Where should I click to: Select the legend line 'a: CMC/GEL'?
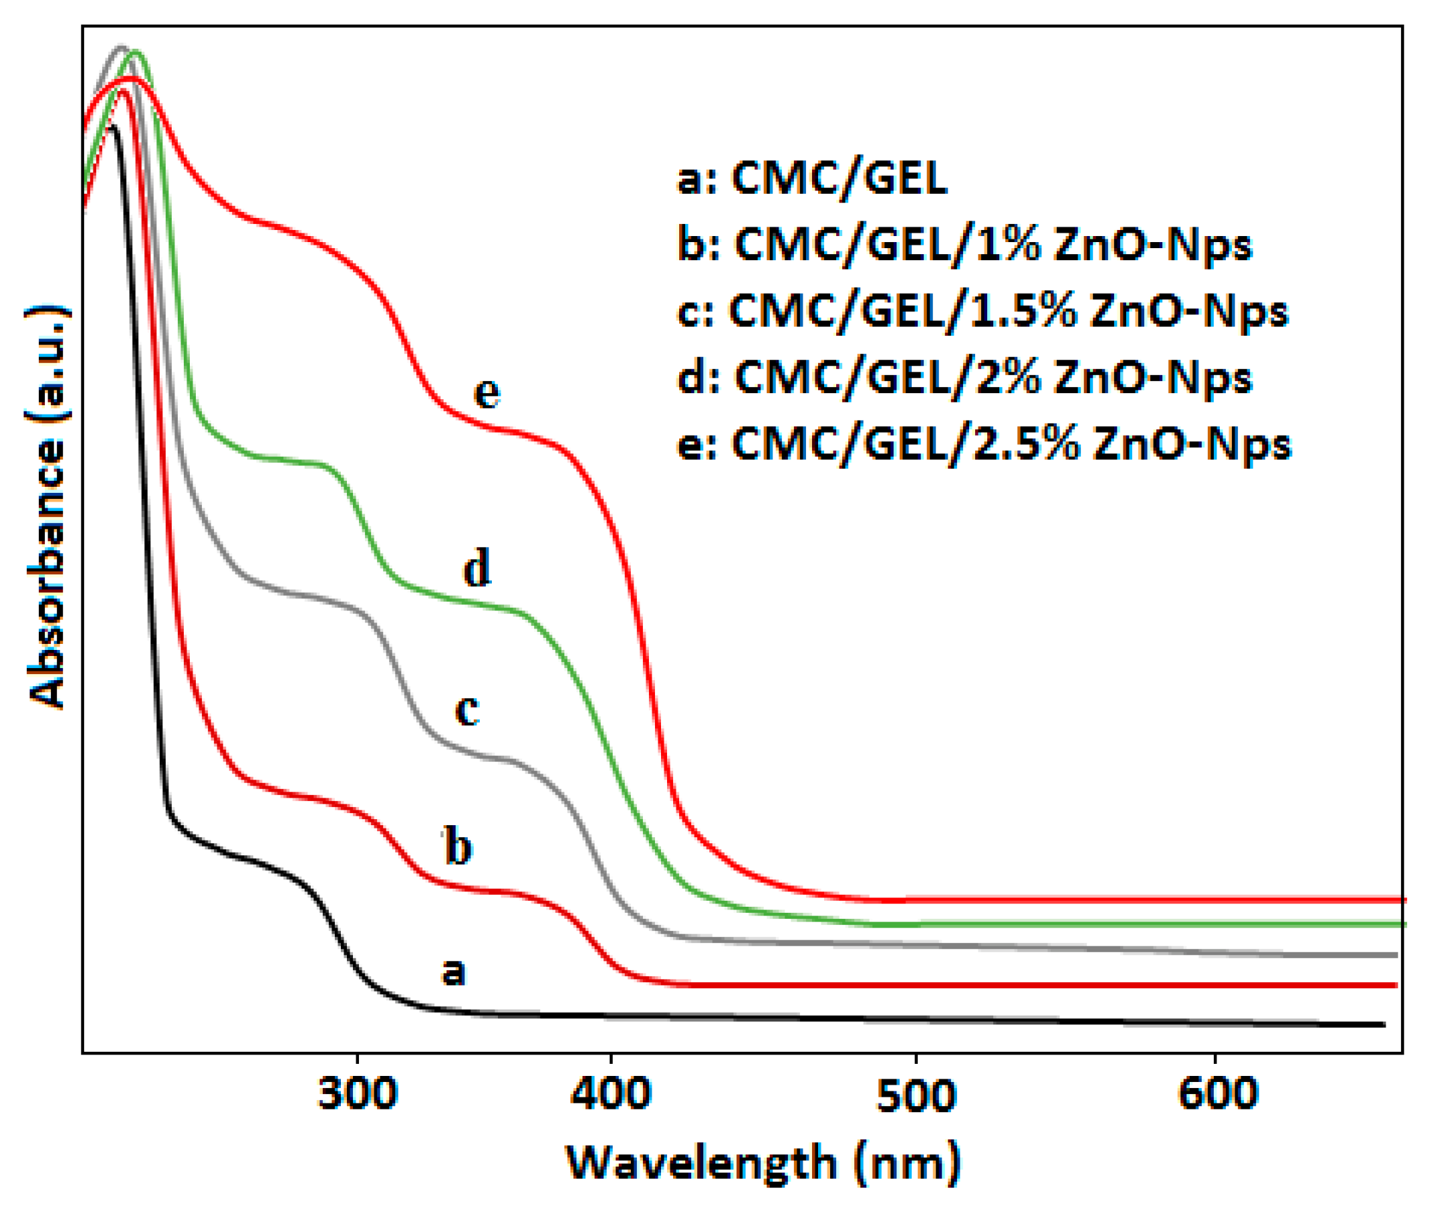[x=812, y=179]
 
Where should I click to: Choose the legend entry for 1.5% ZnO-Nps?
[x=983, y=312]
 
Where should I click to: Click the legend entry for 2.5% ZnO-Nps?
[x=984, y=445]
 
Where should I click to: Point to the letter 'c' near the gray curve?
[x=467, y=709]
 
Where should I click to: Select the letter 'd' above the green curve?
[x=477, y=568]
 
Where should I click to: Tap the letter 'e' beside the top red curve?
[x=487, y=393]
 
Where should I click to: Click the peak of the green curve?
[x=136, y=52]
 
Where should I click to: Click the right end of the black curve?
[x=1384, y=1024]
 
